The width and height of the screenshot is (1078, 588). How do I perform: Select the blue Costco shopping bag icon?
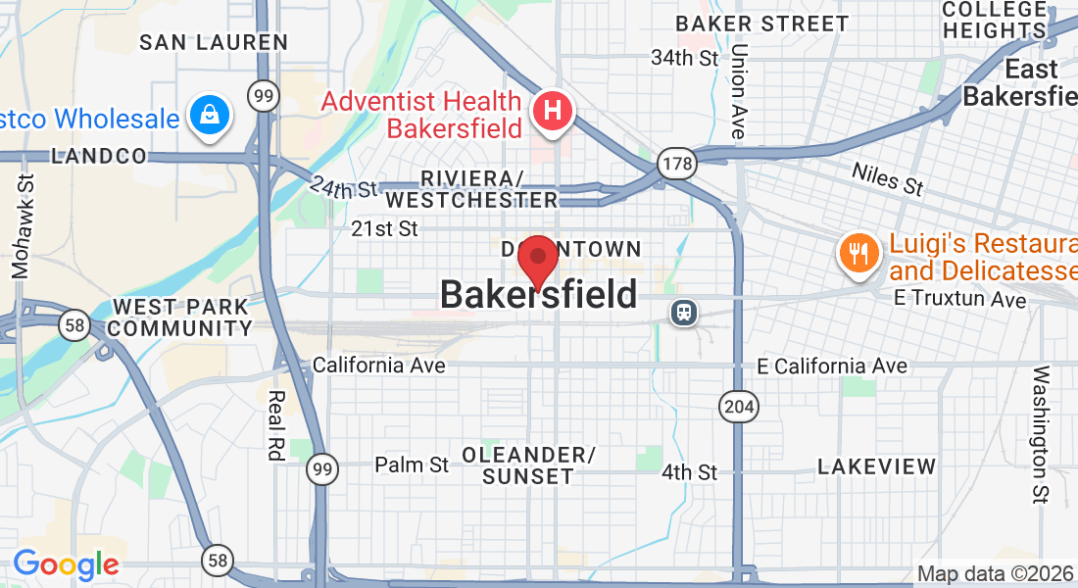pos(210,115)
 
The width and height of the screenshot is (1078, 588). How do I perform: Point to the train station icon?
pos(684,312)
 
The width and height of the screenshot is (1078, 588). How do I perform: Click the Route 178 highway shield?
pos(677,163)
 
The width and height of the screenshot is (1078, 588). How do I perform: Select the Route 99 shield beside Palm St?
pos(322,468)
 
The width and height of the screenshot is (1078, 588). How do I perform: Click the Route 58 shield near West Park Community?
pos(74,324)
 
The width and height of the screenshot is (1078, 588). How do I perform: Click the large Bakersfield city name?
pos(538,294)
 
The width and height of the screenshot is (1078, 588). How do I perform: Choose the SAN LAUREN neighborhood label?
pos(214,42)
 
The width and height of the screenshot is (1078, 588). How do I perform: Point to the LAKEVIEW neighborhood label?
pos(877,466)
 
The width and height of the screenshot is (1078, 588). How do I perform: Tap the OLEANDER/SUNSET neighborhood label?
pos(529,465)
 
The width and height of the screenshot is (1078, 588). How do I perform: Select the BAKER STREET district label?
pos(762,24)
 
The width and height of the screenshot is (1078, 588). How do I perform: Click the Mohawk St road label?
pos(22,225)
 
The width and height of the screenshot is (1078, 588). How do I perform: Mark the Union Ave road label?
pos(739,90)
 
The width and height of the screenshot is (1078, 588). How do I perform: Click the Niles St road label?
pos(887,179)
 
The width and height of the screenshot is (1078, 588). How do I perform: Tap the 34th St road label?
pos(685,58)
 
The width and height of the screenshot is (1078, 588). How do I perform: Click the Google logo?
pos(66,564)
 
